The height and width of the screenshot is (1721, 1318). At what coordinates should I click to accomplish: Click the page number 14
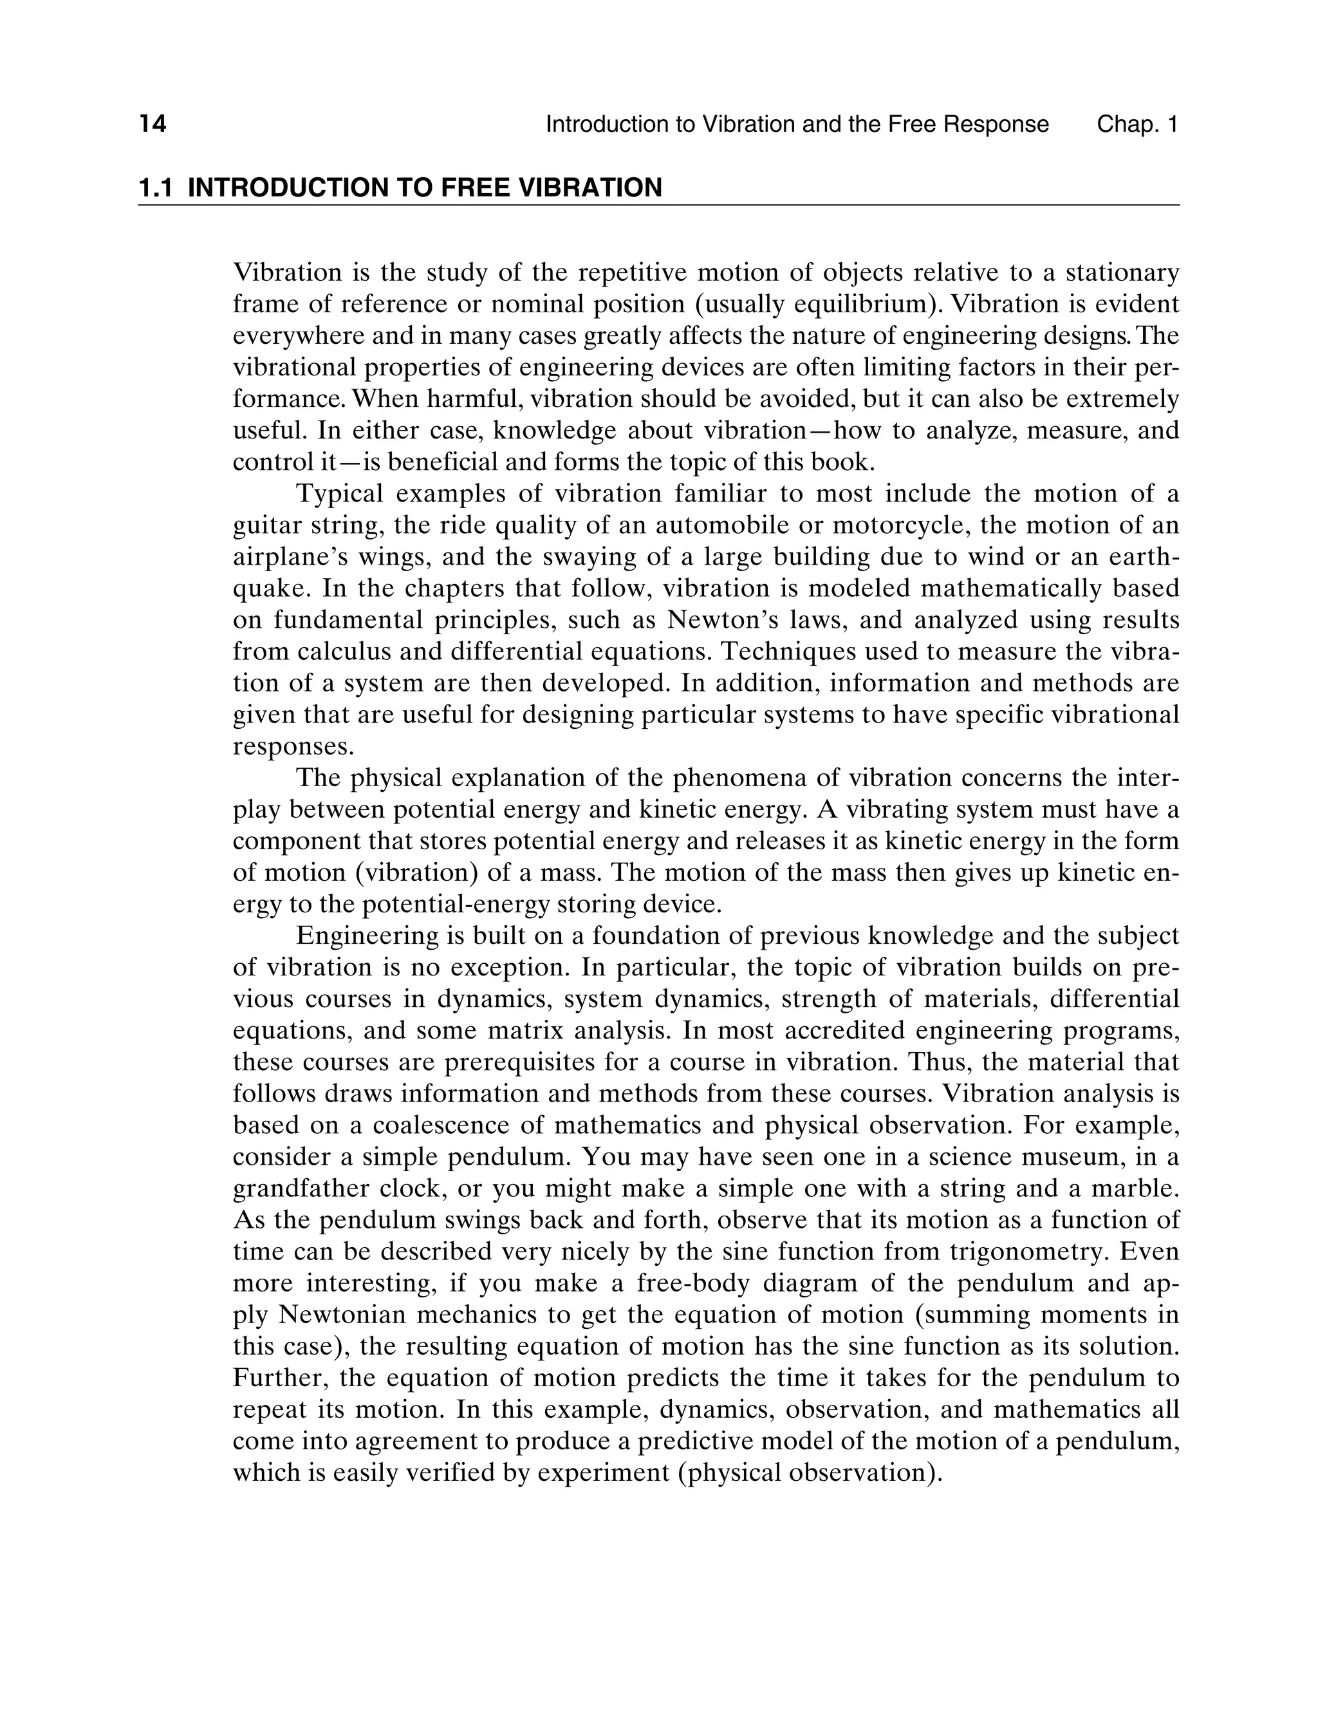pos(153,124)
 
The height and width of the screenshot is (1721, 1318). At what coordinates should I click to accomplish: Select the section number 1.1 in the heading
pos(155,187)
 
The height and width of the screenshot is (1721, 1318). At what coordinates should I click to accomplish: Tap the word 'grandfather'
pos(301,1188)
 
